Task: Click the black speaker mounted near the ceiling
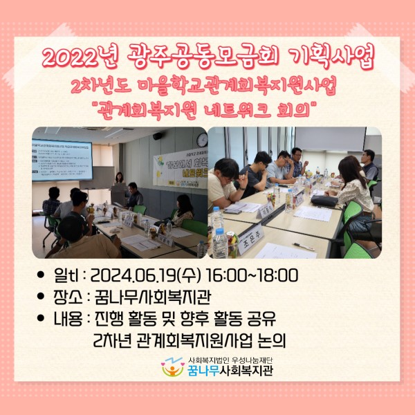pyautogui.click(x=158, y=136)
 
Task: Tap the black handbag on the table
pyautogui.click(x=324, y=201)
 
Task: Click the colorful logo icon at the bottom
pyautogui.click(x=173, y=367)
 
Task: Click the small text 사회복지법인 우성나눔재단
pyautogui.click(x=230, y=360)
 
